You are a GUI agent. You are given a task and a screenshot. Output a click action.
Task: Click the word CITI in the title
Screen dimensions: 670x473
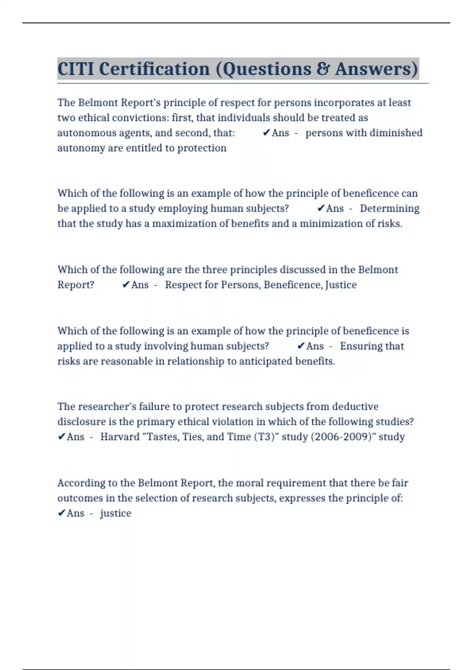coord(76,69)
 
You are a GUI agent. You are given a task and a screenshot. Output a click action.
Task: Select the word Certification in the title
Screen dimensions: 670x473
coord(154,69)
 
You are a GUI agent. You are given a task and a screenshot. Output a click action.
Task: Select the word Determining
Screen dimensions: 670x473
coord(389,208)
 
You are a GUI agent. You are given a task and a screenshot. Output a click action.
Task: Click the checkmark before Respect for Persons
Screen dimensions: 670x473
coord(126,285)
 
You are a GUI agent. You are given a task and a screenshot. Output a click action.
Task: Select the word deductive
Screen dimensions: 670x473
coord(355,407)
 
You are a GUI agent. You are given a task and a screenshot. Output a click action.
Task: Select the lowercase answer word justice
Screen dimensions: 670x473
coord(115,513)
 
